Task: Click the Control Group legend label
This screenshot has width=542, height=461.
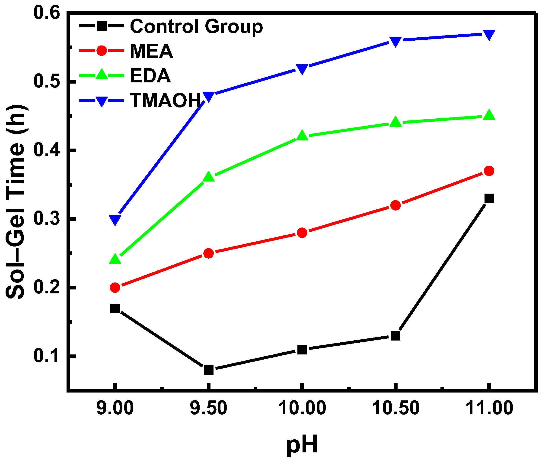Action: (196, 26)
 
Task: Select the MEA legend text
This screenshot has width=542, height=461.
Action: (151, 51)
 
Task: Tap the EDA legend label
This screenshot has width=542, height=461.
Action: (150, 76)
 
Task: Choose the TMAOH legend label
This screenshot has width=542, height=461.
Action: (166, 100)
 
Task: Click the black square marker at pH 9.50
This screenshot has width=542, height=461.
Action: (208, 370)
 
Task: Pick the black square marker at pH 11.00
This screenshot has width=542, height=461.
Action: (489, 198)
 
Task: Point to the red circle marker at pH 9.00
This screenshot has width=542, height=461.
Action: (115, 287)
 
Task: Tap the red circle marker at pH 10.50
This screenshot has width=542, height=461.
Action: (395, 205)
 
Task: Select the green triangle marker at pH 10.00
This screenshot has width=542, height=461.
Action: (302, 136)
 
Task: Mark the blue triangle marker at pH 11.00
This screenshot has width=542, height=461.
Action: (489, 35)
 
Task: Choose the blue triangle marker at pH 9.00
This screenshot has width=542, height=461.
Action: (115, 220)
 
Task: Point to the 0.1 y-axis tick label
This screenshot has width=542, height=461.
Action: (46, 356)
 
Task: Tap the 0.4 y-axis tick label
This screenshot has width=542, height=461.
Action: (46, 150)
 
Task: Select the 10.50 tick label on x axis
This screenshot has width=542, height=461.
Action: (395, 408)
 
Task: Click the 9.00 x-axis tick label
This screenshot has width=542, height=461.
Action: (115, 408)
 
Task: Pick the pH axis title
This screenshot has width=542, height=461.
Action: (302, 445)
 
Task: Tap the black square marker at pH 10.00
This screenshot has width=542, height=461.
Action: (302, 350)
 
